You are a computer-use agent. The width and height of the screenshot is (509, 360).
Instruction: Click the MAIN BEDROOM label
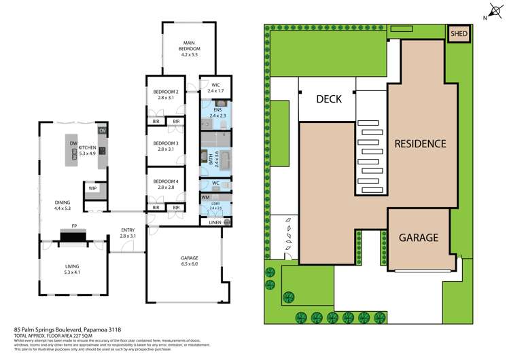coord(190,49)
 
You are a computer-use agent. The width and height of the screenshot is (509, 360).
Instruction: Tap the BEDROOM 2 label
coord(166,92)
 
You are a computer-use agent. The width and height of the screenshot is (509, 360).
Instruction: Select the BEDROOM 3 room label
coord(166,143)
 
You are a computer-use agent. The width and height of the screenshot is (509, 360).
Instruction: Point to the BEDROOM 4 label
coord(166,181)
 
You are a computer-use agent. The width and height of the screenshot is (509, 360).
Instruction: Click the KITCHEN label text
coord(87,147)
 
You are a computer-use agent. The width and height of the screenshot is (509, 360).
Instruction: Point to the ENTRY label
coord(127,230)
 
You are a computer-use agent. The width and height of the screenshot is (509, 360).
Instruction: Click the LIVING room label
coord(72,268)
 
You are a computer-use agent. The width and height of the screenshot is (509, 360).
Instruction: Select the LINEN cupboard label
coord(215,222)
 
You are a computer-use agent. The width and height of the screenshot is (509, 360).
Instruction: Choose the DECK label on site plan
coord(330,99)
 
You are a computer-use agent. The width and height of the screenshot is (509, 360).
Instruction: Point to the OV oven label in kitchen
coord(103,130)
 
